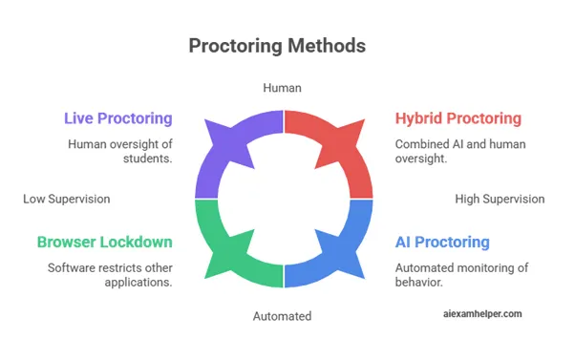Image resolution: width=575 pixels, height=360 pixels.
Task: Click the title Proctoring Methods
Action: pyautogui.click(x=276, y=46)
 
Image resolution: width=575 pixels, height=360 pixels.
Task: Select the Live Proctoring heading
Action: pyautogui.click(x=117, y=118)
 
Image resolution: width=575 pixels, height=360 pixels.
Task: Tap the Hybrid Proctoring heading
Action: pyautogui.click(x=458, y=118)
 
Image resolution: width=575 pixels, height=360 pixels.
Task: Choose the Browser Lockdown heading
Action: pyautogui.click(x=104, y=243)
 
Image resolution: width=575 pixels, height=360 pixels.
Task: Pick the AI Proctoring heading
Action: pyautogui.click(x=442, y=243)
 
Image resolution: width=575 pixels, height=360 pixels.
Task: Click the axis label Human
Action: pyautogui.click(x=283, y=88)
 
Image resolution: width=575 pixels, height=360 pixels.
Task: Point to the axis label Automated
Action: pyautogui.click(x=283, y=316)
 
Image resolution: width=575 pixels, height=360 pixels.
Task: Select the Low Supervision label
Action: pyautogui.click(x=67, y=200)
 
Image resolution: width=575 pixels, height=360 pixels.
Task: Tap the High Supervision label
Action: pyautogui.click(x=500, y=200)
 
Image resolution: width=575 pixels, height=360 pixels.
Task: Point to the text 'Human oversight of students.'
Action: pyautogui.click(x=119, y=152)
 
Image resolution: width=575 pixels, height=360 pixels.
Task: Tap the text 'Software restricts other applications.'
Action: pyautogui.click(x=110, y=275)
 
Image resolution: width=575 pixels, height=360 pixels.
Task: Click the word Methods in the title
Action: pyautogui.click(x=330, y=46)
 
